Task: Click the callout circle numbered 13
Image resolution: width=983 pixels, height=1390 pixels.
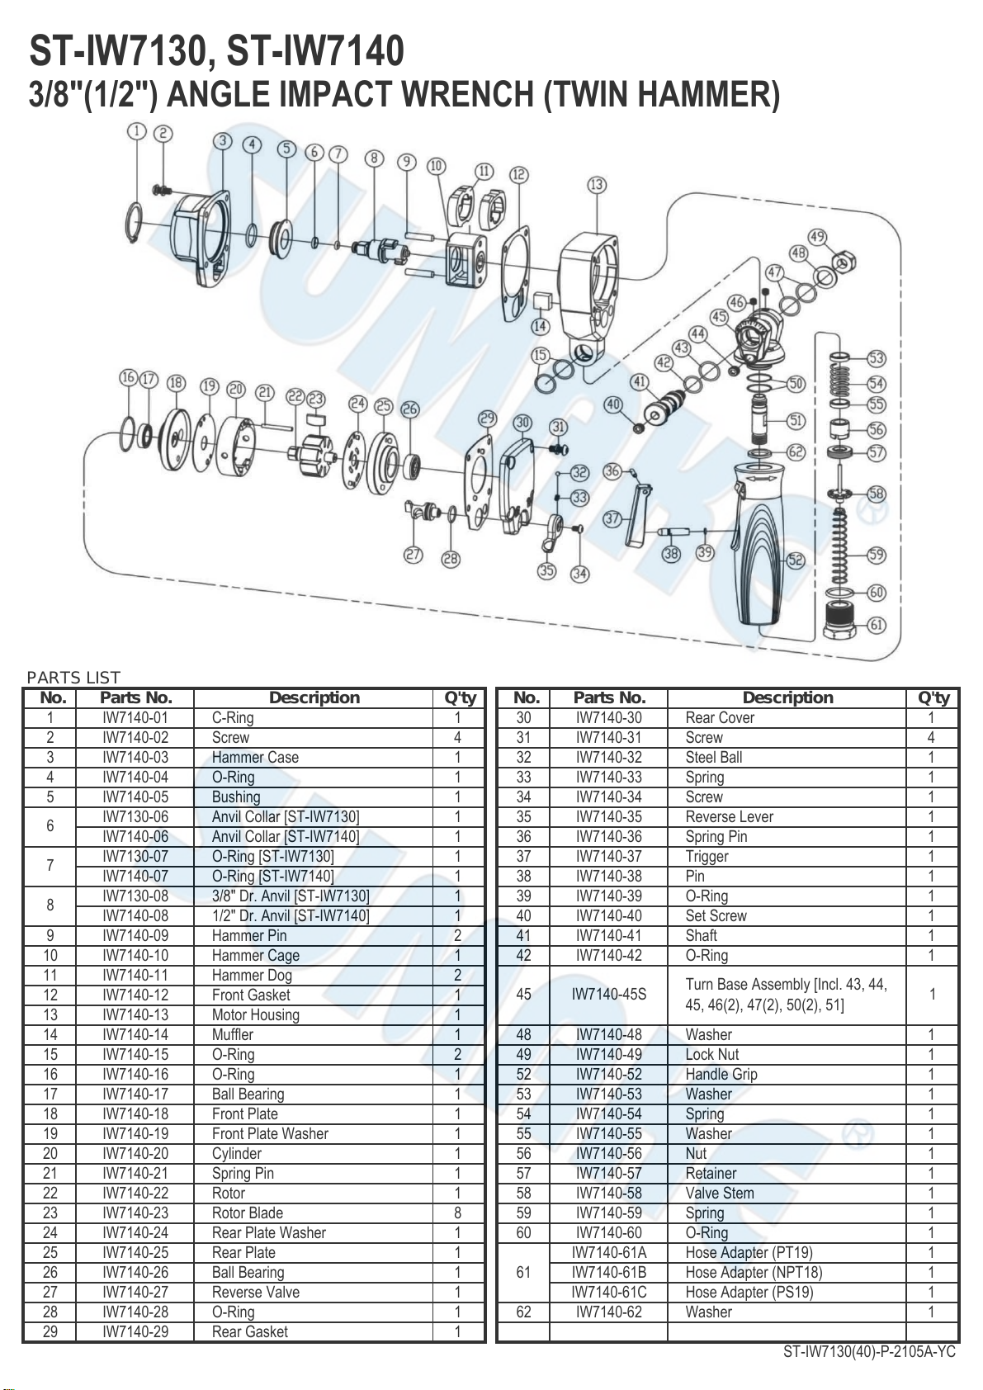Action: coord(597,184)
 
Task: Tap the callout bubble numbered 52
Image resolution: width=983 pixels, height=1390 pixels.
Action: coord(796,560)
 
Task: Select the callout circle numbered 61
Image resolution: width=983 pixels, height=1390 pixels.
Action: coord(877,624)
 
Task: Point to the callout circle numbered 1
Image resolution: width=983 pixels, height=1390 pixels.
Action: coord(136,131)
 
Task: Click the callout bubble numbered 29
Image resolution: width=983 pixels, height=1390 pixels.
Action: coord(488,418)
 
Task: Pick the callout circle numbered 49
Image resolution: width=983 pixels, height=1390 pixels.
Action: coord(817,236)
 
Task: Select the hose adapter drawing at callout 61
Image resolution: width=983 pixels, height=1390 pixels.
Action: coord(839,622)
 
